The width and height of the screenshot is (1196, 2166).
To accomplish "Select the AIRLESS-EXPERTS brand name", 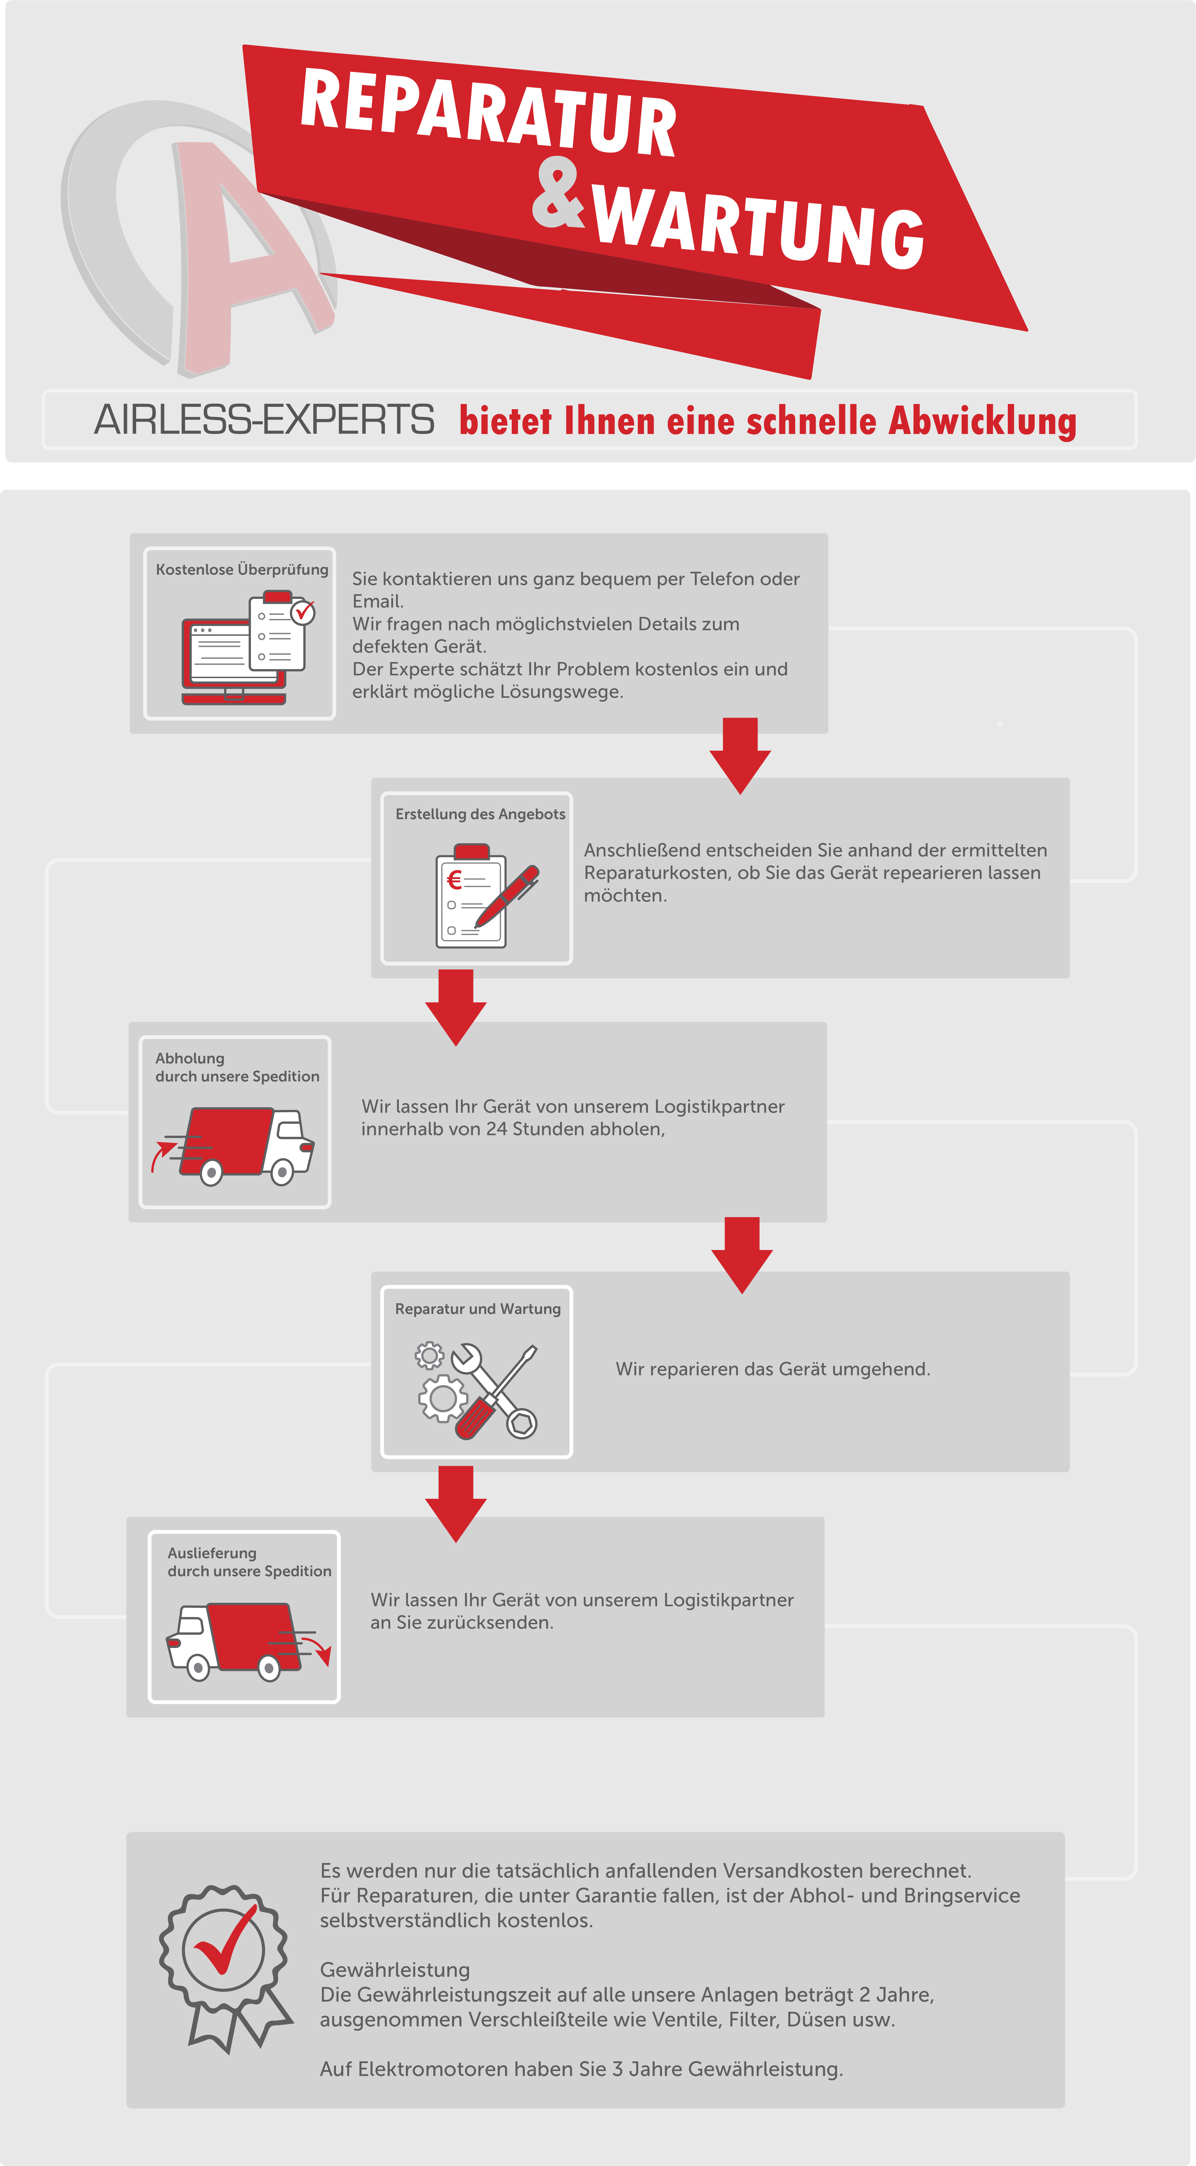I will click(x=264, y=420).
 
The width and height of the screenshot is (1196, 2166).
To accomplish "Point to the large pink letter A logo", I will click(x=244, y=252).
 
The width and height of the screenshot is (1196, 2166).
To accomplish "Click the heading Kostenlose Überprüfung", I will click(x=242, y=569).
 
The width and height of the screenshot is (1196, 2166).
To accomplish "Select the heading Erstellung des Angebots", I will click(x=480, y=814).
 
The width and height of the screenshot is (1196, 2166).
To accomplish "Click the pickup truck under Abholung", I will click(x=235, y=1145).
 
